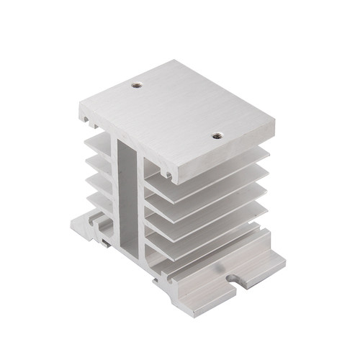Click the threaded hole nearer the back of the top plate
(135, 86)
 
